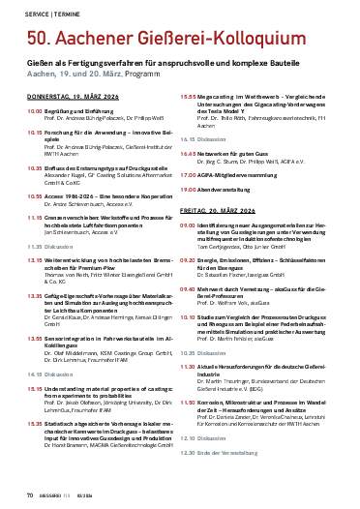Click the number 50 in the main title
(40, 37)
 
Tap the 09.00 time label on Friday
(192, 250)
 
